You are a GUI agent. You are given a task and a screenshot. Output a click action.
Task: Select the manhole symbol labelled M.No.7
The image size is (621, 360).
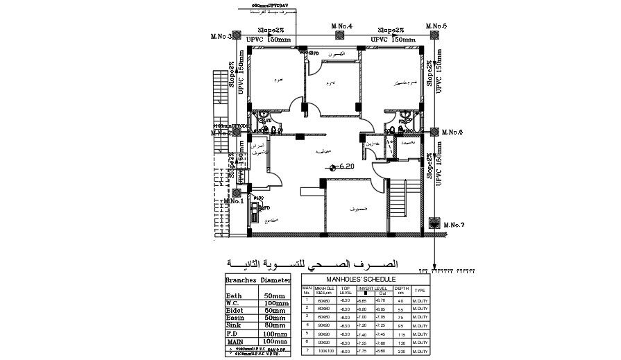click(x=434, y=223)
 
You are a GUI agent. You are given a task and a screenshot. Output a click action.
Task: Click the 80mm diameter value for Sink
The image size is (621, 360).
click(x=275, y=324)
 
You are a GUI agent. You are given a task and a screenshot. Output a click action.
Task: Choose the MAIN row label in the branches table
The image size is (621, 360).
click(x=235, y=342)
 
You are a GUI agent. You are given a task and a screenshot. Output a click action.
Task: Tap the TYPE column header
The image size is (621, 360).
click(x=420, y=291)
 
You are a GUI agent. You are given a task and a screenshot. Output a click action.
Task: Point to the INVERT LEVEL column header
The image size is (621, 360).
click(x=373, y=286)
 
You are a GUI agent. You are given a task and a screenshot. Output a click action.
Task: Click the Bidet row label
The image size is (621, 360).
click(x=235, y=310)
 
